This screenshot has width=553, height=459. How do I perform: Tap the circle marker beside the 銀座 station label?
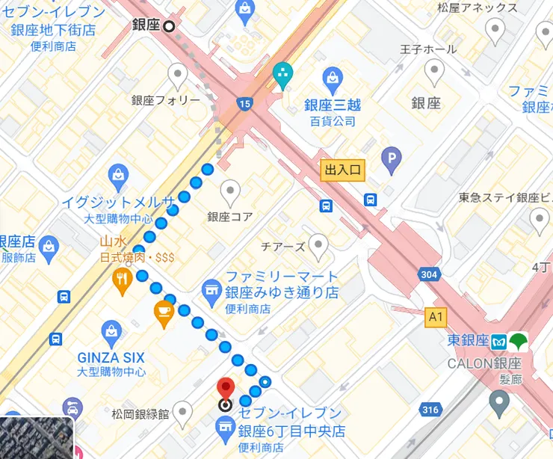170,25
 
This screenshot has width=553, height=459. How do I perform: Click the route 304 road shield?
428,275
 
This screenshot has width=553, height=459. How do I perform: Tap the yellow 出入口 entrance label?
342,170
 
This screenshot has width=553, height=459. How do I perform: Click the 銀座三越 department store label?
333,105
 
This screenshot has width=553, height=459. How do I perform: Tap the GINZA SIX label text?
111,357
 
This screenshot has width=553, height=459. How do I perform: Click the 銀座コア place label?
230,217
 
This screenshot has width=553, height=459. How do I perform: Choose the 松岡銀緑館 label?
140,413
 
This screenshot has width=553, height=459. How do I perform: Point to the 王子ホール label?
427,50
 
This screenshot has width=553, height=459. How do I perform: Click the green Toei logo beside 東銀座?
519,341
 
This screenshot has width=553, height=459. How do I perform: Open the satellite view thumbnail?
36,437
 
